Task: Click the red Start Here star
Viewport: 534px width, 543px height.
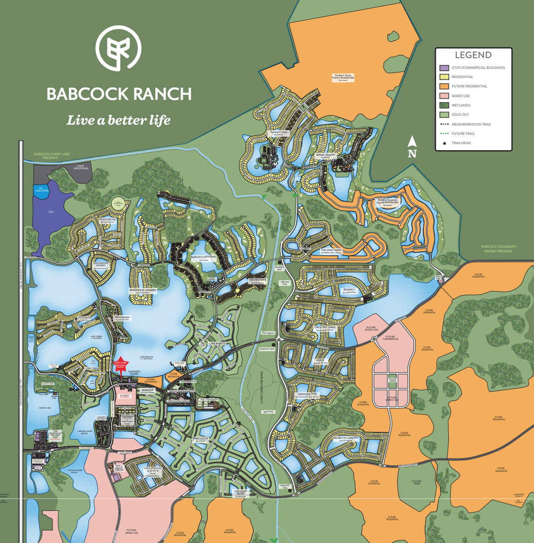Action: tap(120, 366)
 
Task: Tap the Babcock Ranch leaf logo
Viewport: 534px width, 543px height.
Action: tap(119, 49)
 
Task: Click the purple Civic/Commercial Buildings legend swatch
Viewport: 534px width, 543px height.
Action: tap(444, 68)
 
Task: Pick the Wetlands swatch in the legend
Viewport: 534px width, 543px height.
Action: tap(444, 106)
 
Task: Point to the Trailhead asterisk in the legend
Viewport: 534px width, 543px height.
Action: tap(444, 143)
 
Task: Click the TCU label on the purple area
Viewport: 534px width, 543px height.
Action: tap(51, 212)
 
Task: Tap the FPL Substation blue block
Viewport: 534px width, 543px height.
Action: tap(41, 190)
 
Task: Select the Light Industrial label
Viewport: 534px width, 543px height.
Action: tap(81, 166)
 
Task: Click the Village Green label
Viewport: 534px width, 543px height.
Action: tap(392, 380)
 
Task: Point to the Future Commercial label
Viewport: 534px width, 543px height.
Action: tap(390, 338)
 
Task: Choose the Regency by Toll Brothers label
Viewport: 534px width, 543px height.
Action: tap(349, 290)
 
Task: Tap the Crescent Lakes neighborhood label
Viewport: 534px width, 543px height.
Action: tap(325, 328)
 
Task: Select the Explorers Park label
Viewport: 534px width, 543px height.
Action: tap(267, 349)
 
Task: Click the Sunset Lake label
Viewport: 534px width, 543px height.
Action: tap(45, 408)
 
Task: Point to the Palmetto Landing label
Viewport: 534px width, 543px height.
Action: tap(347, 438)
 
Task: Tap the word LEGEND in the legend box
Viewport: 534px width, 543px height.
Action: tap(473, 55)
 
